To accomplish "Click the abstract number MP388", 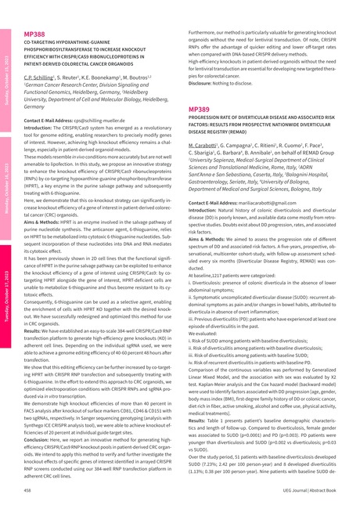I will (x=34, y=35).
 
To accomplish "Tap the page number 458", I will (x=27, y=489).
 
